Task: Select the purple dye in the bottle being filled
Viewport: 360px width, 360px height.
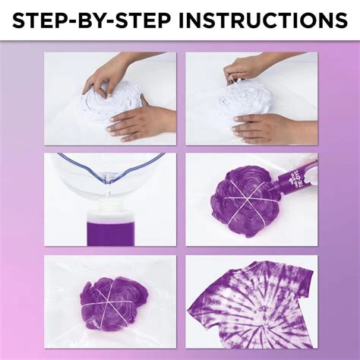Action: coord(111,228)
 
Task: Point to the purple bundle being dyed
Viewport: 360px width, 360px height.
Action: coord(242,197)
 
